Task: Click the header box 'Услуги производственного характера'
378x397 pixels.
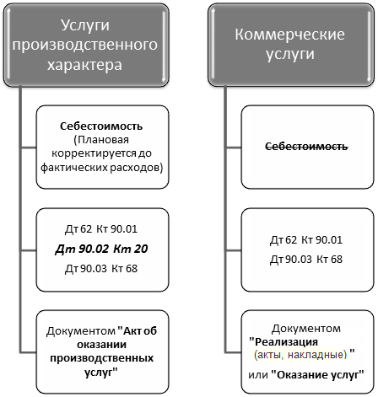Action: (x=86, y=45)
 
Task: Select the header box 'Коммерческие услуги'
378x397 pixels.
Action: (x=291, y=45)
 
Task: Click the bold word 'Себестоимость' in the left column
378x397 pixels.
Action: (x=101, y=126)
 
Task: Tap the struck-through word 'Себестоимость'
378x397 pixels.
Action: (x=306, y=147)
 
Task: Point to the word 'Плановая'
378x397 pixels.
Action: (x=103, y=140)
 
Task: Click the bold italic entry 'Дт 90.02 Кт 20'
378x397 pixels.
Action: (x=101, y=249)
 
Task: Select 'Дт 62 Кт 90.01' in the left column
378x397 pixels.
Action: (x=101, y=229)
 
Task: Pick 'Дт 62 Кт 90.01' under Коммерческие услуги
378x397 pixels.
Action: (x=306, y=240)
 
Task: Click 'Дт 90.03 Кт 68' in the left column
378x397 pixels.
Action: (x=101, y=269)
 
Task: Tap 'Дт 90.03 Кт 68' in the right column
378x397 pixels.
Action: (x=306, y=259)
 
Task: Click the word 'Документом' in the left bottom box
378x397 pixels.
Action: (x=81, y=331)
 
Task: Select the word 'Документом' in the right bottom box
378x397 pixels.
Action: (x=306, y=329)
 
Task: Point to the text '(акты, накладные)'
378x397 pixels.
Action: (x=300, y=355)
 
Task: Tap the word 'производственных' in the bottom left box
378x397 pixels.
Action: (x=102, y=358)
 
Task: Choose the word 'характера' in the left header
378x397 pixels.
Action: (x=84, y=65)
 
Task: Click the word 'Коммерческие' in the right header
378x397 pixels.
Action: (x=290, y=35)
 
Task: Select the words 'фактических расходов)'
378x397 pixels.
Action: (x=102, y=168)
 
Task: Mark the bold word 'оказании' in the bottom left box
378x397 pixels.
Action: (x=102, y=345)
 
